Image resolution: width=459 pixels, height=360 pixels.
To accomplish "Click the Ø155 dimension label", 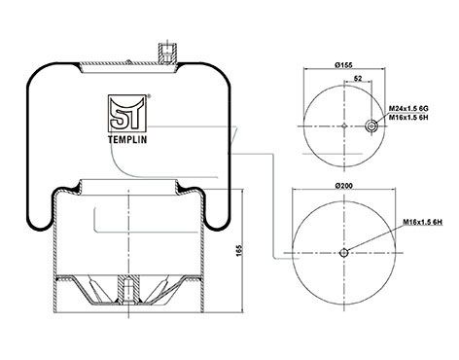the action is click(x=343, y=65).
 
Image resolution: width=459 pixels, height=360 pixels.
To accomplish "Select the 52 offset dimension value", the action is click(x=358, y=78).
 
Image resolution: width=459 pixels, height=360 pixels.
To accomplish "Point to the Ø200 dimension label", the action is click(x=343, y=186).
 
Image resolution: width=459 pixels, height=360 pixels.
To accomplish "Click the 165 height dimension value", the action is click(x=239, y=251).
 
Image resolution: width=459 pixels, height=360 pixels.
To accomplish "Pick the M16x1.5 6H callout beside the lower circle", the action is click(x=423, y=222).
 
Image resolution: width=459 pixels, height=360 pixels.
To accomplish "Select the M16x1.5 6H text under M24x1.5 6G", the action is click(x=408, y=118).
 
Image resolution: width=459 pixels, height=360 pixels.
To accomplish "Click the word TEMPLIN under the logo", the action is click(x=127, y=139).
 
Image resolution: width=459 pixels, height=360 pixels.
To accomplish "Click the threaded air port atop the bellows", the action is click(x=167, y=54).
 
